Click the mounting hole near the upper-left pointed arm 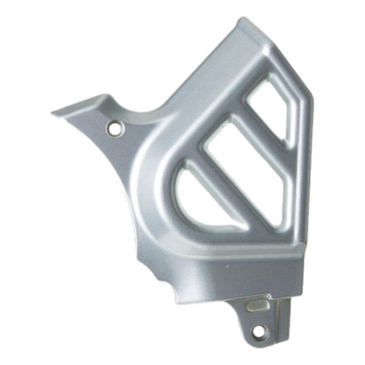[x=113, y=128]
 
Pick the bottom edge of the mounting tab [x=265, y=346]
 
